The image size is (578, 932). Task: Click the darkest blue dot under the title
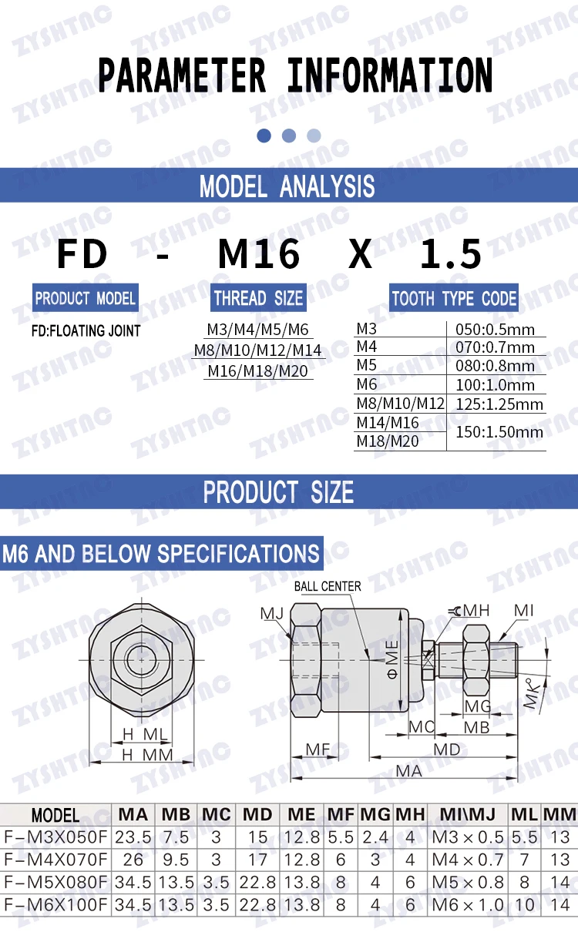pos(264,136)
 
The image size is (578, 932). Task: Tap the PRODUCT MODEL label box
pos(86,298)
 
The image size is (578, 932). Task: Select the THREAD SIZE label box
pos(258,298)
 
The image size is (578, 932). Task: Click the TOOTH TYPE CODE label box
pos(454,298)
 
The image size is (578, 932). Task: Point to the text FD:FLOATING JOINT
pos(86,331)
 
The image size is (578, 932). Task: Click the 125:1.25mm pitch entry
pos(499,404)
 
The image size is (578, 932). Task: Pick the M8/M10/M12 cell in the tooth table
pos(400,404)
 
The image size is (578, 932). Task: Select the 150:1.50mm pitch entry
pos(499,432)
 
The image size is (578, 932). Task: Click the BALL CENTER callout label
pos(328,586)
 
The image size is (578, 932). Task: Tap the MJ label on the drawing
pos(271,613)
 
